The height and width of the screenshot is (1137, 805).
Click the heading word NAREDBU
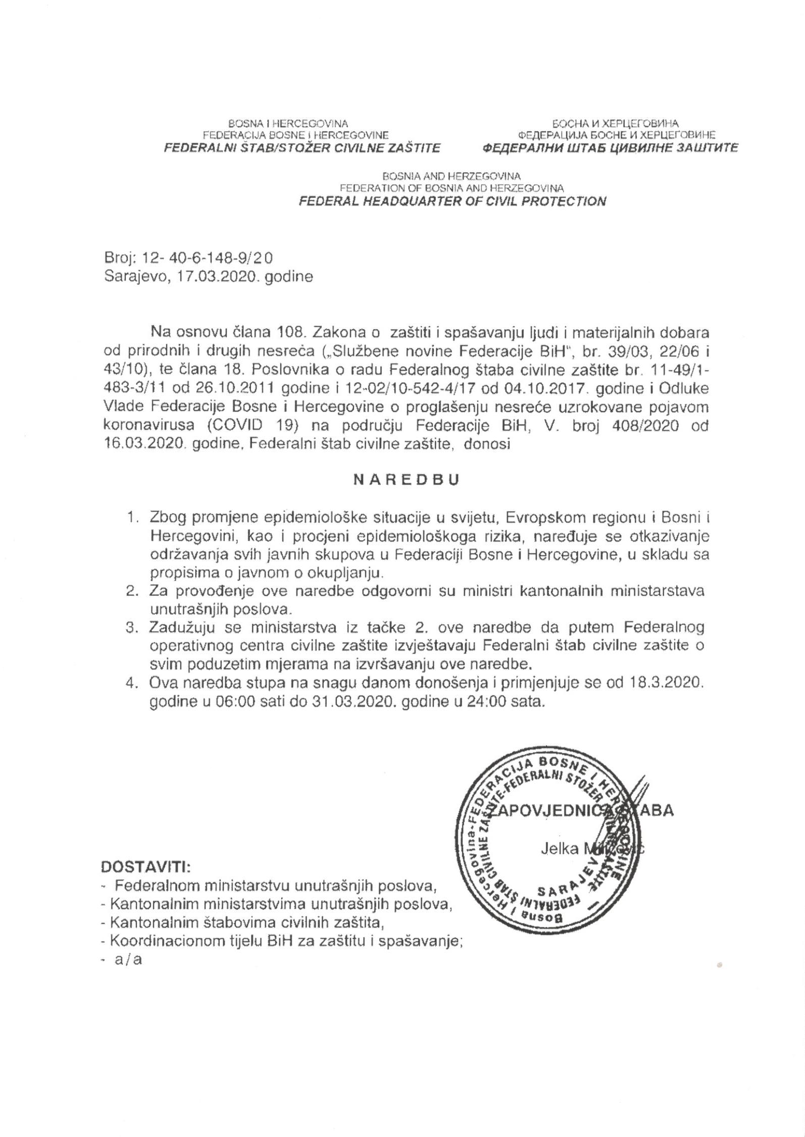(x=406, y=480)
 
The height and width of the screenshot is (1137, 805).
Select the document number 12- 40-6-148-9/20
(x=207, y=258)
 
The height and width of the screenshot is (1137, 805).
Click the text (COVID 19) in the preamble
(x=250, y=425)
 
